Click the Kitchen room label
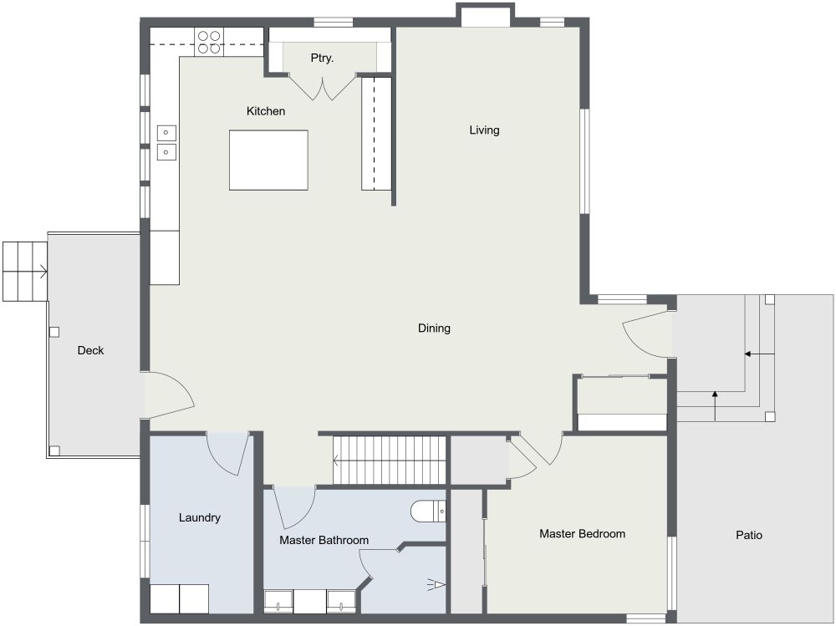(266, 111)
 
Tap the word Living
(484, 130)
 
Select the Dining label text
(434, 328)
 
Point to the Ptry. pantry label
(322, 59)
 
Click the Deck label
(90, 351)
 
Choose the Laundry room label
(200, 518)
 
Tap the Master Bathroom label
(324, 541)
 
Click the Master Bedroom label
(582, 534)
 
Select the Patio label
(749, 536)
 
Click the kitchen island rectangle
(268, 160)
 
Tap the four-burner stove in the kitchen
(208, 42)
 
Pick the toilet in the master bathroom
(428, 510)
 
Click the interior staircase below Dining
(390, 460)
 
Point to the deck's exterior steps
(24, 271)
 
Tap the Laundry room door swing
(227, 453)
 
